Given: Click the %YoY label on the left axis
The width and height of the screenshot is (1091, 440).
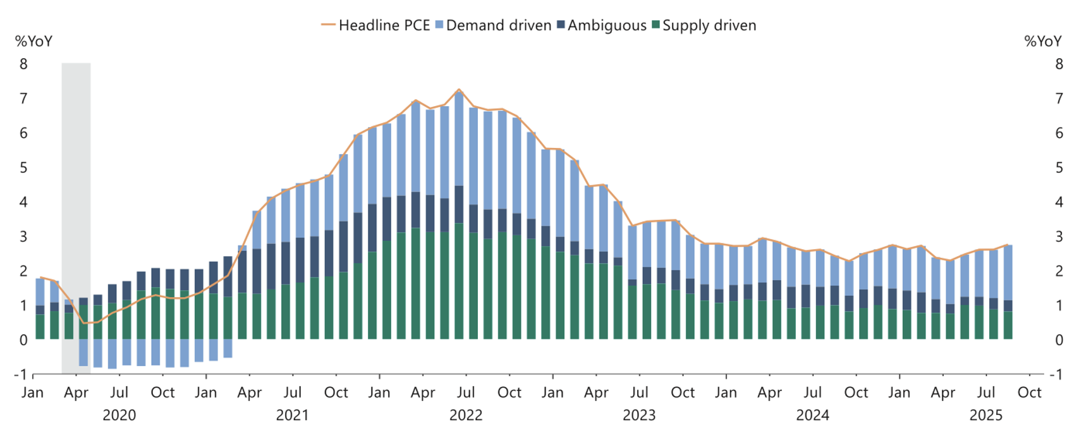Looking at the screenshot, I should coord(34,42).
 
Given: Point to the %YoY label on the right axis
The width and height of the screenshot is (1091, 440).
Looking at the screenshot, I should coord(1043,42).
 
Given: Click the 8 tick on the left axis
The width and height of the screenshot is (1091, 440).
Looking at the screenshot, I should coord(24,64).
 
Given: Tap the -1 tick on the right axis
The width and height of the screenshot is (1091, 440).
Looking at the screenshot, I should coord(1056,374).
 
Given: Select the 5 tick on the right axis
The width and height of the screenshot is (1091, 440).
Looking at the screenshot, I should coord(1059,168).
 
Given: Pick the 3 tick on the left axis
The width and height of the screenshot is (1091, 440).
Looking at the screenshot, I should coord(24,236).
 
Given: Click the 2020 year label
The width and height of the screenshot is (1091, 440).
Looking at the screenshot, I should coord(119,415).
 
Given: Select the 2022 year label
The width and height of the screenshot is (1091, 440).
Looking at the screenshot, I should coord(465,415).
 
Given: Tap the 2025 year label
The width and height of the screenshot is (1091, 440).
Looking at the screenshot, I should coord(985,415).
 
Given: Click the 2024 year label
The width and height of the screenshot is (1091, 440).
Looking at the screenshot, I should coord(812,415).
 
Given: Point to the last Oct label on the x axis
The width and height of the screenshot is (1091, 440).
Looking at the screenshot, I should coord(1029,393).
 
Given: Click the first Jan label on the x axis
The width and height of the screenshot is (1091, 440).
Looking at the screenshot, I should coord(33,393).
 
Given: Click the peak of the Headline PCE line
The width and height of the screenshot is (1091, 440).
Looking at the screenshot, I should coord(459,90).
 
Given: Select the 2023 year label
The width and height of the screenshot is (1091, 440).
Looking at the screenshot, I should coord(639,415).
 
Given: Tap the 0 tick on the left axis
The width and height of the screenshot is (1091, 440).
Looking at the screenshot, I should coord(24,340).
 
